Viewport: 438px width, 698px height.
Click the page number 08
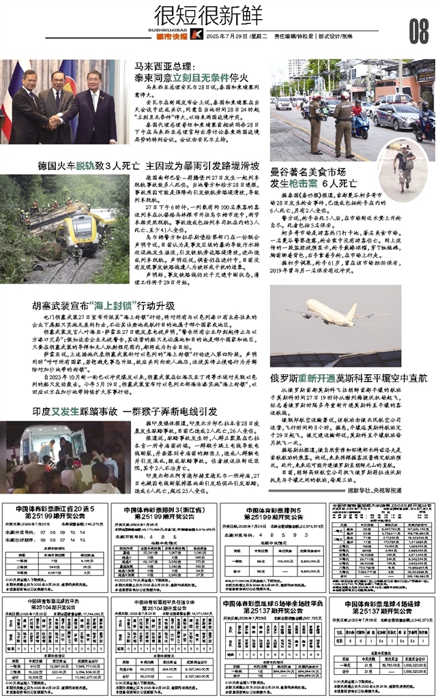418,30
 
